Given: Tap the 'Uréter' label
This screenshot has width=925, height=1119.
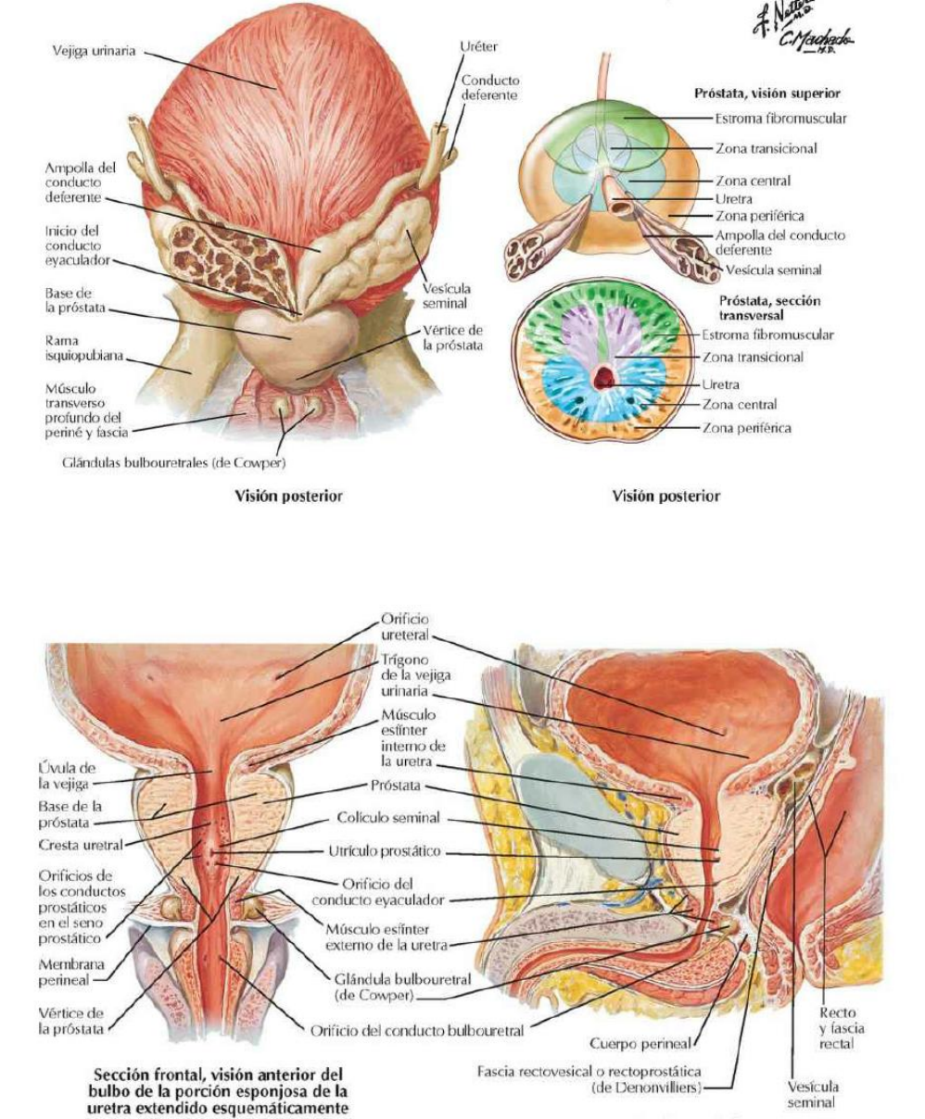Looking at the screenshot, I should (x=479, y=45).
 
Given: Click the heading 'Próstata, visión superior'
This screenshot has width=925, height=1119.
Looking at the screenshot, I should (x=767, y=94).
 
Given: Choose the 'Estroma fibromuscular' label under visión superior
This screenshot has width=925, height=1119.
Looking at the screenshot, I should (x=780, y=118).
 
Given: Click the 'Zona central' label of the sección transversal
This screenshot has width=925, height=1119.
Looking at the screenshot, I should (x=740, y=404).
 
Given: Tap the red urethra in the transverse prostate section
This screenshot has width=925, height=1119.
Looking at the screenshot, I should (x=606, y=376).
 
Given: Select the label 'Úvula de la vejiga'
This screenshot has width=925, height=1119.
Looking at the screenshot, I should (x=67, y=774).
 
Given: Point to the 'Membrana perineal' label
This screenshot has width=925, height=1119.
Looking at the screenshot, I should (x=64, y=972).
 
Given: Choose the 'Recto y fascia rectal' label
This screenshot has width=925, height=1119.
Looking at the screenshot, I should (x=837, y=1028).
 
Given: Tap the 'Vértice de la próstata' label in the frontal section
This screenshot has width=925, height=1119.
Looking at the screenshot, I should (x=70, y=1020).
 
